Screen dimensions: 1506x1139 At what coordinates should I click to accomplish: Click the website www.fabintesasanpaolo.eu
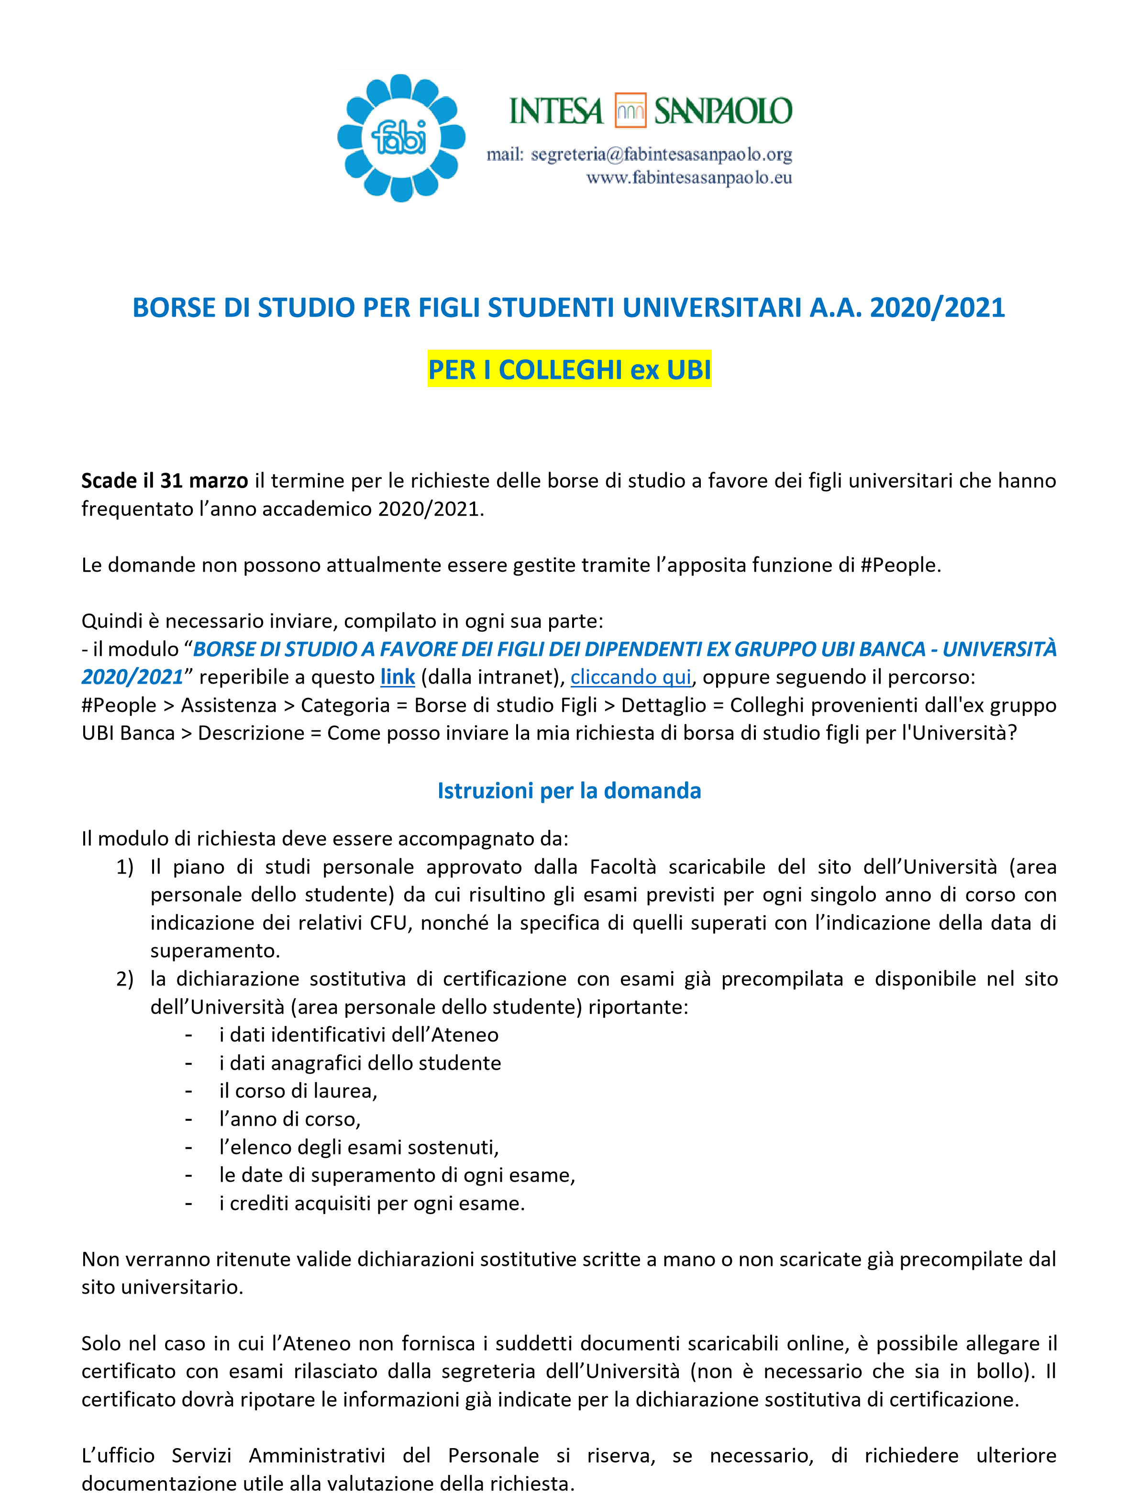point(689,178)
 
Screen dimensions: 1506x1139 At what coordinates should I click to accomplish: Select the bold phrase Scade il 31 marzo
point(165,481)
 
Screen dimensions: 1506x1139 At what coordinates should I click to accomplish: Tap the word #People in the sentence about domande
point(899,565)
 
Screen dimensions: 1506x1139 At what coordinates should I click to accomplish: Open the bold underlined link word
point(398,677)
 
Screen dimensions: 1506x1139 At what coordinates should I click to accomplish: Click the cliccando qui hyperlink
point(630,677)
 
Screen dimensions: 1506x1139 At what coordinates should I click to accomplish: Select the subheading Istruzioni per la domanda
point(569,790)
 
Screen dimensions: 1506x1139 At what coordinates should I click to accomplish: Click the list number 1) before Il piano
point(124,867)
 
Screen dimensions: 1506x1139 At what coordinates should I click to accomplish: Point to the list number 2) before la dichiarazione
point(124,979)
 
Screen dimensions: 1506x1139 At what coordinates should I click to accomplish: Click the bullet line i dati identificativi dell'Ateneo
point(359,1035)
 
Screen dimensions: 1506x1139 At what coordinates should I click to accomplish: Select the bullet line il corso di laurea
point(298,1091)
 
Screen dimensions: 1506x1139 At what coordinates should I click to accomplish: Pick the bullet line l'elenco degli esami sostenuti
point(359,1147)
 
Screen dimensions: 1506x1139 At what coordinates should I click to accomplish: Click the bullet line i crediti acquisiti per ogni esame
point(372,1203)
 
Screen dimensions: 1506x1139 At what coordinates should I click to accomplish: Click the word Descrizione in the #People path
point(251,733)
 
